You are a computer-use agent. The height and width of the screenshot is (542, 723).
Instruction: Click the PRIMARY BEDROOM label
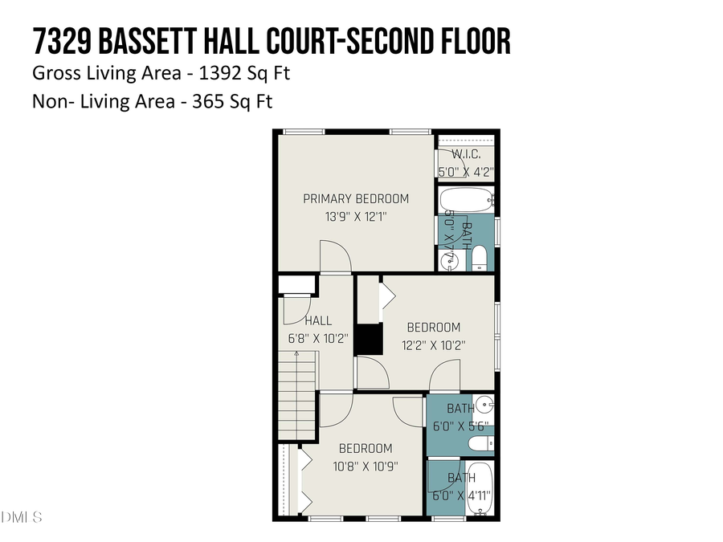tap(355, 198)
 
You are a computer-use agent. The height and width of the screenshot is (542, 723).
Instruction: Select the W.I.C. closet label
tap(466, 153)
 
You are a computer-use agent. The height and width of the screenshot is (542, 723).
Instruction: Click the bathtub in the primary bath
tap(466, 199)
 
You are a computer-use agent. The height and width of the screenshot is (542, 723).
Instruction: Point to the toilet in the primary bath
tap(479, 257)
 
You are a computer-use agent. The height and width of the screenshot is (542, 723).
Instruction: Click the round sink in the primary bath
tap(447, 260)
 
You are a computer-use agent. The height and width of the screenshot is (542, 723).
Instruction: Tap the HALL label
tap(317, 320)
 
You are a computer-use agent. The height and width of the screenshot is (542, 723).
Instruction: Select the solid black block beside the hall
tap(370, 338)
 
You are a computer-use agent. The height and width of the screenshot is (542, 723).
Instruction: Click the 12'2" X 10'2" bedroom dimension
tap(434, 344)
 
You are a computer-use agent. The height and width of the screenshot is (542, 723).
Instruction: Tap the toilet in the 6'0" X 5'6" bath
tap(478, 443)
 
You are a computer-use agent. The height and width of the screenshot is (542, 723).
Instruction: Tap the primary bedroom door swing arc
tap(336, 257)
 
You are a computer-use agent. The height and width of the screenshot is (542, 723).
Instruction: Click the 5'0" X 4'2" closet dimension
tap(466, 171)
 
